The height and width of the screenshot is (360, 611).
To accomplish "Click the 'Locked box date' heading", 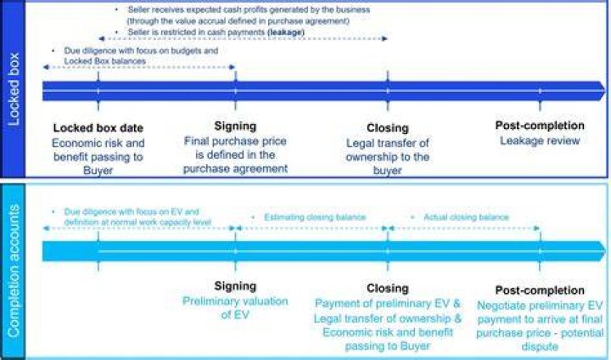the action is [98, 128].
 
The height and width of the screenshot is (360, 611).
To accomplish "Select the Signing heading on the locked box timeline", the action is [235, 126].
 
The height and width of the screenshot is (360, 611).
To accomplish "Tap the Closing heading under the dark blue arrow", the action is [388, 128].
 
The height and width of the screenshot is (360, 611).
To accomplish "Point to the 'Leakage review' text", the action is [540, 140].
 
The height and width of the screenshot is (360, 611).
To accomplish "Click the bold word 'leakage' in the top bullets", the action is [286, 32].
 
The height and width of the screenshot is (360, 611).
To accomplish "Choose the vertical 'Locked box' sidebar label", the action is [14, 89].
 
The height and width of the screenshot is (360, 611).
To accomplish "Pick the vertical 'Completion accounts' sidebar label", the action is [14, 271].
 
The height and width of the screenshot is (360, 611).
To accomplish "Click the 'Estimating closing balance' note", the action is [315, 217].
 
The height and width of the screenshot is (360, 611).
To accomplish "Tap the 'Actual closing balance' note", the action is [466, 217].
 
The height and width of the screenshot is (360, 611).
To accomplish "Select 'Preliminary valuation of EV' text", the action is [235, 307].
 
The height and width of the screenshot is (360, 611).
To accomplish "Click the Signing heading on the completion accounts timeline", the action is [235, 286].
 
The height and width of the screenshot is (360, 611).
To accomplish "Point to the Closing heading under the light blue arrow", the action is [388, 288].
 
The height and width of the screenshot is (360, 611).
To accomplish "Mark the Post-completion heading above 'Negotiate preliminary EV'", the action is [540, 290].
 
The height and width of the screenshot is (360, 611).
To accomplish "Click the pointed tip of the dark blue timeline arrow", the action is [606, 91].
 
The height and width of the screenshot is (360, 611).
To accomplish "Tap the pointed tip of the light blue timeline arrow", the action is [606, 251].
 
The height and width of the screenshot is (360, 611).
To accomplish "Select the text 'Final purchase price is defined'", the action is [235, 148].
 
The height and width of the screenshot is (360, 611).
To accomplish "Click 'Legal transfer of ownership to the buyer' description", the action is [388, 157].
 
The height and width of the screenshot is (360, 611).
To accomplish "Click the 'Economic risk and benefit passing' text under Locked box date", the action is [98, 150].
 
